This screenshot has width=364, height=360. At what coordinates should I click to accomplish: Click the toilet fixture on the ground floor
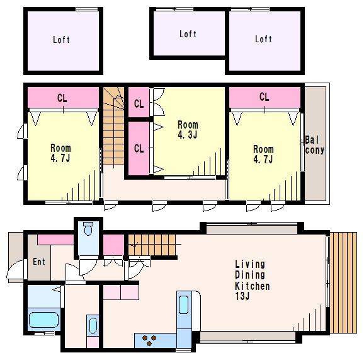click(x=88, y=229)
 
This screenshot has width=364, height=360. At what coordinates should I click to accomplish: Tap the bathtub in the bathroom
click(x=43, y=320)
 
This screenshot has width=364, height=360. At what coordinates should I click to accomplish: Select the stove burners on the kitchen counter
click(x=149, y=340)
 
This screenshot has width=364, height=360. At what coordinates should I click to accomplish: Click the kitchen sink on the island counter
click(x=184, y=305)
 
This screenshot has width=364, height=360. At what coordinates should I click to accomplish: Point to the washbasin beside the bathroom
click(x=93, y=325)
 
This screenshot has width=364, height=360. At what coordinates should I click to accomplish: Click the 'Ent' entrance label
click(x=39, y=262)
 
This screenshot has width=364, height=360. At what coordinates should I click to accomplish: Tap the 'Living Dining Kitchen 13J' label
click(x=252, y=281)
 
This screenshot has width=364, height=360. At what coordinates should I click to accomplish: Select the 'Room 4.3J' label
click(x=188, y=130)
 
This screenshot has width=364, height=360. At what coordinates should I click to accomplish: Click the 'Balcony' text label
click(x=314, y=145)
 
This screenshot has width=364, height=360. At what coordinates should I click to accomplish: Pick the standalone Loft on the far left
click(x=63, y=41)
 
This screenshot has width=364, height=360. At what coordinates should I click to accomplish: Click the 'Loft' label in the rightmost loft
click(x=263, y=39)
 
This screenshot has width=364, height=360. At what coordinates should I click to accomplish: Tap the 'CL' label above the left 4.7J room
click(x=62, y=98)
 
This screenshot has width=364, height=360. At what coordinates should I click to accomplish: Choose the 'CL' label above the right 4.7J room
click(x=264, y=96)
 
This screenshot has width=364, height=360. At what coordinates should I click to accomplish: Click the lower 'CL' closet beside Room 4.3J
click(x=139, y=148)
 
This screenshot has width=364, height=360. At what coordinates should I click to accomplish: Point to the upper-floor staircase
click(x=114, y=126)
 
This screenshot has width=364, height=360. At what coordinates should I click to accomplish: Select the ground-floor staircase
click(x=152, y=245)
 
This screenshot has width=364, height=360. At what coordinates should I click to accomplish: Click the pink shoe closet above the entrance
click(x=55, y=240)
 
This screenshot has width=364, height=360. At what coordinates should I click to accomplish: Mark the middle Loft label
click(x=188, y=34)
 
